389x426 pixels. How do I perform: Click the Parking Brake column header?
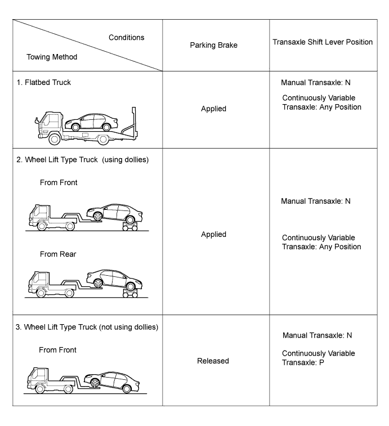pyautogui.click(x=215, y=46)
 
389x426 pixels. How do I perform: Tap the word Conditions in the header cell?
pyautogui.click(x=126, y=38)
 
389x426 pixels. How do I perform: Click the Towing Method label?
pyautogui.click(x=52, y=57)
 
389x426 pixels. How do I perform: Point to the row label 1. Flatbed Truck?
pyautogui.click(x=44, y=82)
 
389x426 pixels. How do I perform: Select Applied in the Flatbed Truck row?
pyautogui.click(x=213, y=109)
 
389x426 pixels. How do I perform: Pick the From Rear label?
pyautogui.click(x=59, y=254)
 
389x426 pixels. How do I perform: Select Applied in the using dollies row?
pyautogui.click(x=213, y=234)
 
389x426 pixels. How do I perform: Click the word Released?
pyautogui.click(x=213, y=361)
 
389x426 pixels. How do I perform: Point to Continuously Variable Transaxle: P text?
pyautogui.click(x=319, y=358)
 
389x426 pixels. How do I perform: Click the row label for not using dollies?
pyautogui.click(x=87, y=328)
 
